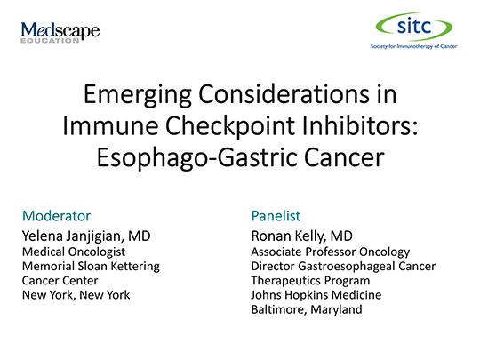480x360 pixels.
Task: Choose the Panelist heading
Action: [x=277, y=216]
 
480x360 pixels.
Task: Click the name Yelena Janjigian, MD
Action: [x=85, y=236]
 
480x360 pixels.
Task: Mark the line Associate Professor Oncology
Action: [x=331, y=252]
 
